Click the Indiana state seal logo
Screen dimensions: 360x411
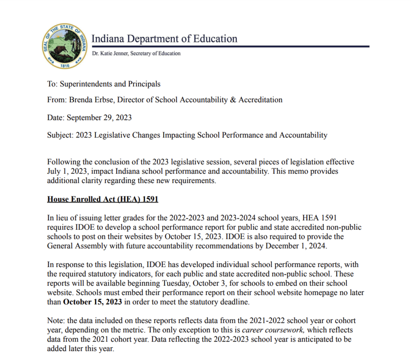point(65,46)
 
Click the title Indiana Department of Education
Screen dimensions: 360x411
point(164,39)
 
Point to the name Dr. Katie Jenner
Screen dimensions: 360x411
point(109,53)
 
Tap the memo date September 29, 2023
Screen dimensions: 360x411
point(99,118)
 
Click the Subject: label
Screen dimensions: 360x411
point(60,135)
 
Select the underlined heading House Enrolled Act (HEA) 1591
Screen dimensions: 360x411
point(103,199)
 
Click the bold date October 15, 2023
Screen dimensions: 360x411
point(93,302)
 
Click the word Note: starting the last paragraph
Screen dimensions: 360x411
point(56,321)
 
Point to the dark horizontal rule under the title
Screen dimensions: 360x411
point(230,46)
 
